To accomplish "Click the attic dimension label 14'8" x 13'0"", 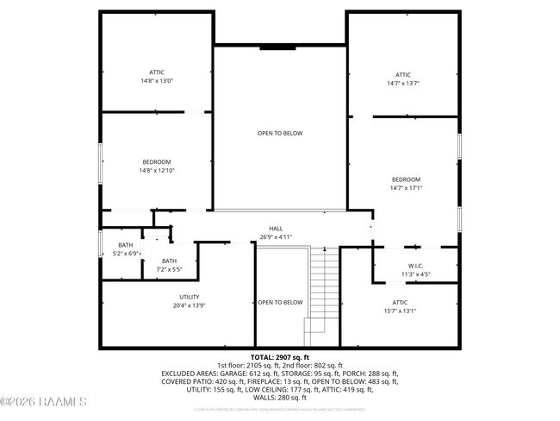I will [x=157, y=81].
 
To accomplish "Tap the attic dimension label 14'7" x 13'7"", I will [x=403, y=84].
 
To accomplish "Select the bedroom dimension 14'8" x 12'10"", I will [x=157, y=171].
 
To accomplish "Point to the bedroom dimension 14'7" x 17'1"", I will [x=407, y=188].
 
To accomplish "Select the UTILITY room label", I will [x=190, y=297].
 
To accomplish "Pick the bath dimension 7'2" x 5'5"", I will [x=169, y=269].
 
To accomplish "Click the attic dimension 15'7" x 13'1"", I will [x=400, y=311].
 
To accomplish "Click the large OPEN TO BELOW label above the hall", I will [x=280, y=133].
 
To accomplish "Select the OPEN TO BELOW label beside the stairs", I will [x=280, y=302].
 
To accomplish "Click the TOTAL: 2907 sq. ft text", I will [x=279, y=357].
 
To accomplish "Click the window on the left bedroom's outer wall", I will [x=101, y=162].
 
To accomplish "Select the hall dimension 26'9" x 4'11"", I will [x=277, y=236].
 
